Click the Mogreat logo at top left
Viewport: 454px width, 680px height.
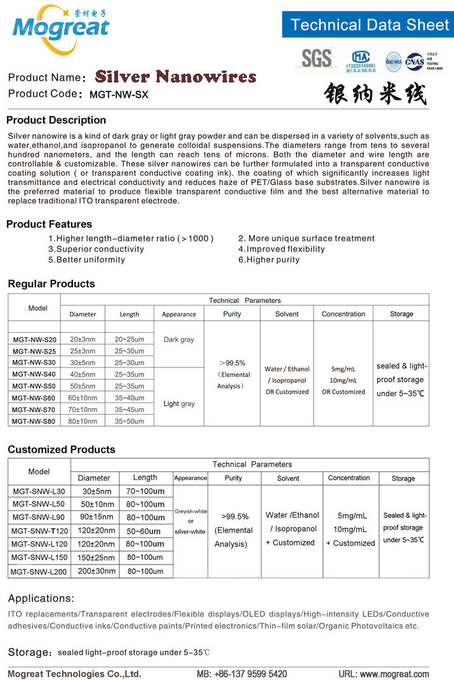(x=60, y=27)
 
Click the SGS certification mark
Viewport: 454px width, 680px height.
(x=316, y=58)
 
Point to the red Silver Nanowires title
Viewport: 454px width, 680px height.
(x=175, y=77)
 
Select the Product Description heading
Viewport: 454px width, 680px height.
(x=56, y=120)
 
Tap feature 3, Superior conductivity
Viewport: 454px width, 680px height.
(x=96, y=249)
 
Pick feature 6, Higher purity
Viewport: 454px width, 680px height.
(x=269, y=260)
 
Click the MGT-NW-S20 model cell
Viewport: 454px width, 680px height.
(x=35, y=340)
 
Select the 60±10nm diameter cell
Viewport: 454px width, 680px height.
(x=83, y=398)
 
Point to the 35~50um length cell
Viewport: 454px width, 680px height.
(x=130, y=421)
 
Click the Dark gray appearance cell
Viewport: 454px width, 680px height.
(x=178, y=340)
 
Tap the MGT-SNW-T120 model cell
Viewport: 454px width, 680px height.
(x=39, y=531)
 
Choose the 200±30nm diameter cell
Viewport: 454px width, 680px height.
(x=96, y=571)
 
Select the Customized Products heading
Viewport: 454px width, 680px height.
(x=62, y=450)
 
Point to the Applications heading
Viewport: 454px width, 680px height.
(x=41, y=598)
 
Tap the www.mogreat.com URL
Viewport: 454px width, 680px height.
(x=394, y=674)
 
